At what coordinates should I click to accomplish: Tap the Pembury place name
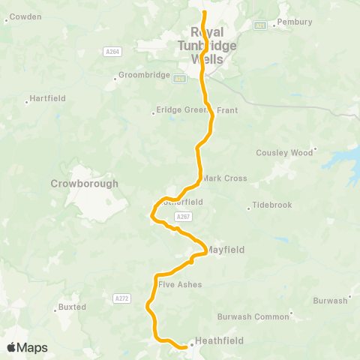(x=294, y=22)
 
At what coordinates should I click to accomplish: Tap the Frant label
(x=226, y=110)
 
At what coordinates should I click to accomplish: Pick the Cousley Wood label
(x=284, y=152)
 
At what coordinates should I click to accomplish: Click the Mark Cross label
(x=224, y=178)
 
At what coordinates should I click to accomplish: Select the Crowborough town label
(x=85, y=183)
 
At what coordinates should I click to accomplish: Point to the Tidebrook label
(x=271, y=205)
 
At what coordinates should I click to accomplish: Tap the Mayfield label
(x=226, y=249)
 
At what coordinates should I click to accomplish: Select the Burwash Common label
(x=253, y=316)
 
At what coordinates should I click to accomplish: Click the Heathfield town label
(x=219, y=340)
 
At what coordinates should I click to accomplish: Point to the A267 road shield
(x=184, y=217)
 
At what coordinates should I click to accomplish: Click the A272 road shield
(x=121, y=298)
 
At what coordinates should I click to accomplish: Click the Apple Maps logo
(x=27, y=347)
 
